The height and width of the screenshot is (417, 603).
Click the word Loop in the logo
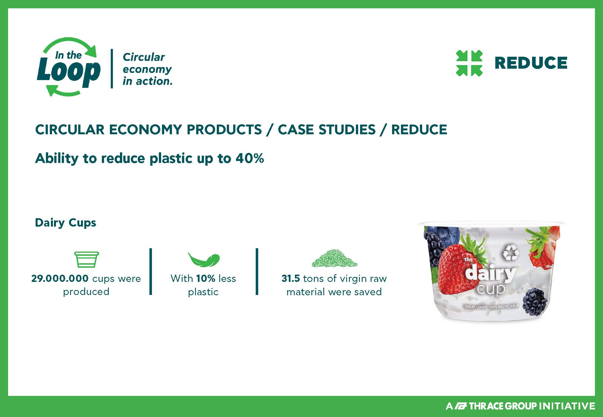pos(68,72)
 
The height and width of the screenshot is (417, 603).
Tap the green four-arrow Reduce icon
pos(469,63)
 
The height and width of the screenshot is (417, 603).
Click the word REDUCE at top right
pos(531,63)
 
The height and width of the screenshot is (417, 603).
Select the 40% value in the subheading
pos(250,158)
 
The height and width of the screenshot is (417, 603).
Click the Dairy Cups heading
pos(65,223)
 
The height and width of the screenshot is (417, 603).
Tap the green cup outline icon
pos(87,259)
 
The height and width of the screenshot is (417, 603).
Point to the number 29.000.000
pos(60,278)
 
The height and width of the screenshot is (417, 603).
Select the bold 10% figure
pos(206,278)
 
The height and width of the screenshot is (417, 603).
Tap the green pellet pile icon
pos(334,258)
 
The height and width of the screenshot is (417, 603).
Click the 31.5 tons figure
pos(291,278)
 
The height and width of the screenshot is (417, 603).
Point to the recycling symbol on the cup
pos(511,253)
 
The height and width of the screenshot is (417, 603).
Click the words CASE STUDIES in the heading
pos(327,130)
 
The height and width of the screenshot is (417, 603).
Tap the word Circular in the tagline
pos(144,57)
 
